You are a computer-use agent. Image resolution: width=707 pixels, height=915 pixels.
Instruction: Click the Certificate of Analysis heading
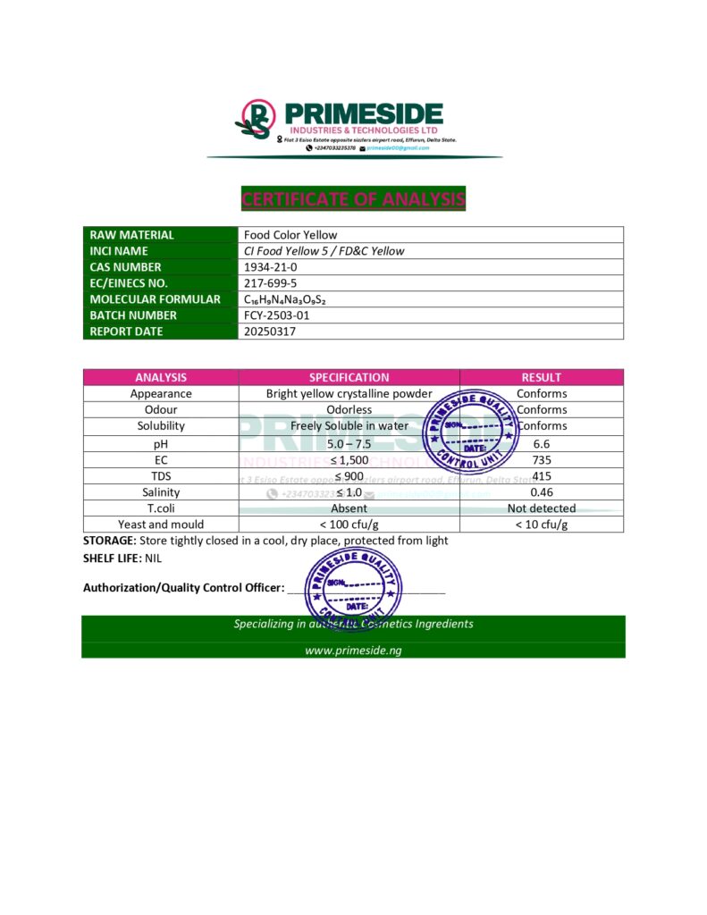coord(353,198)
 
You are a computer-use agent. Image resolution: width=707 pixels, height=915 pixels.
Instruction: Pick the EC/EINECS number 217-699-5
coord(271,283)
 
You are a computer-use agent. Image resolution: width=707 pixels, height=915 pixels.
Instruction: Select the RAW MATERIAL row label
coord(132,235)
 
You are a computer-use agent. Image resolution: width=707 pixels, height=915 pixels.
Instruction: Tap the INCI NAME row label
coord(120,251)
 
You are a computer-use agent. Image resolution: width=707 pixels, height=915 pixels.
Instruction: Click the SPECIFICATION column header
coord(349,377)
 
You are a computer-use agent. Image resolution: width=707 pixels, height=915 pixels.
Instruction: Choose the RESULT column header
coord(541,377)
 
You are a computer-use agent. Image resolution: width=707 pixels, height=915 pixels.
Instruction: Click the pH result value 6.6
coord(541,443)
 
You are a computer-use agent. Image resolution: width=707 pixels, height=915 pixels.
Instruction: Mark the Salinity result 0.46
coord(541,492)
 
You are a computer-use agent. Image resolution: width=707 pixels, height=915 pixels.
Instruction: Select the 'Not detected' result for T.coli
coord(541,508)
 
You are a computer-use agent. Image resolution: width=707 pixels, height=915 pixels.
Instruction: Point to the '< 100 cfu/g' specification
coord(349,525)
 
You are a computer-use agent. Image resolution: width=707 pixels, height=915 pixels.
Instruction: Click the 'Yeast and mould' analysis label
coord(161,525)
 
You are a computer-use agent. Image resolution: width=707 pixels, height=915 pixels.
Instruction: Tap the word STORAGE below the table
coord(109,541)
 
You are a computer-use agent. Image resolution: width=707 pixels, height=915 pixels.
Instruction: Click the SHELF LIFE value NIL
coord(154,558)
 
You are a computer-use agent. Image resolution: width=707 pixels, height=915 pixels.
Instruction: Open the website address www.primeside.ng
coord(353,650)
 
